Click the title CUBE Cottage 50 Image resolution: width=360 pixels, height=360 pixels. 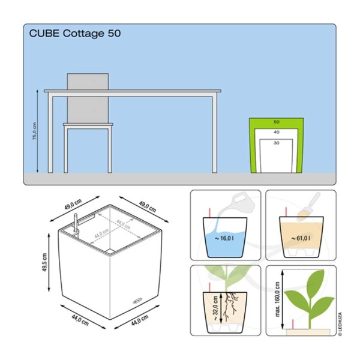pyautogui.click(x=74, y=34)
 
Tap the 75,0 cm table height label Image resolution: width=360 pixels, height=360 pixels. pyautogui.click(x=34, y=131)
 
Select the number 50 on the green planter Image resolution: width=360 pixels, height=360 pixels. pyautogui.click(x=276, y=122)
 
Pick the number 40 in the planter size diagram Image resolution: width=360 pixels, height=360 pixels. pyautogui.click(x=276, y=131)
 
